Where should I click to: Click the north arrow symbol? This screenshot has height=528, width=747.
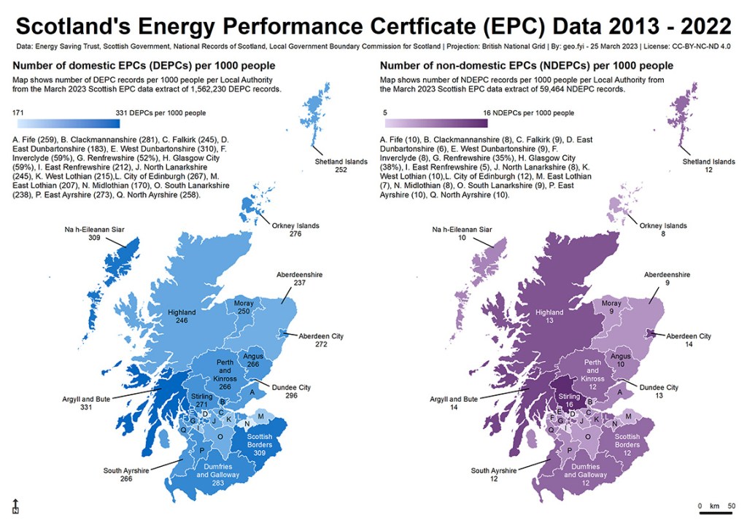coord(15,506)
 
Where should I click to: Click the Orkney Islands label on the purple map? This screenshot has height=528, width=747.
coord(663,230)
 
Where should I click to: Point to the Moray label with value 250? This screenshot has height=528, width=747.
coord(244,307)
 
